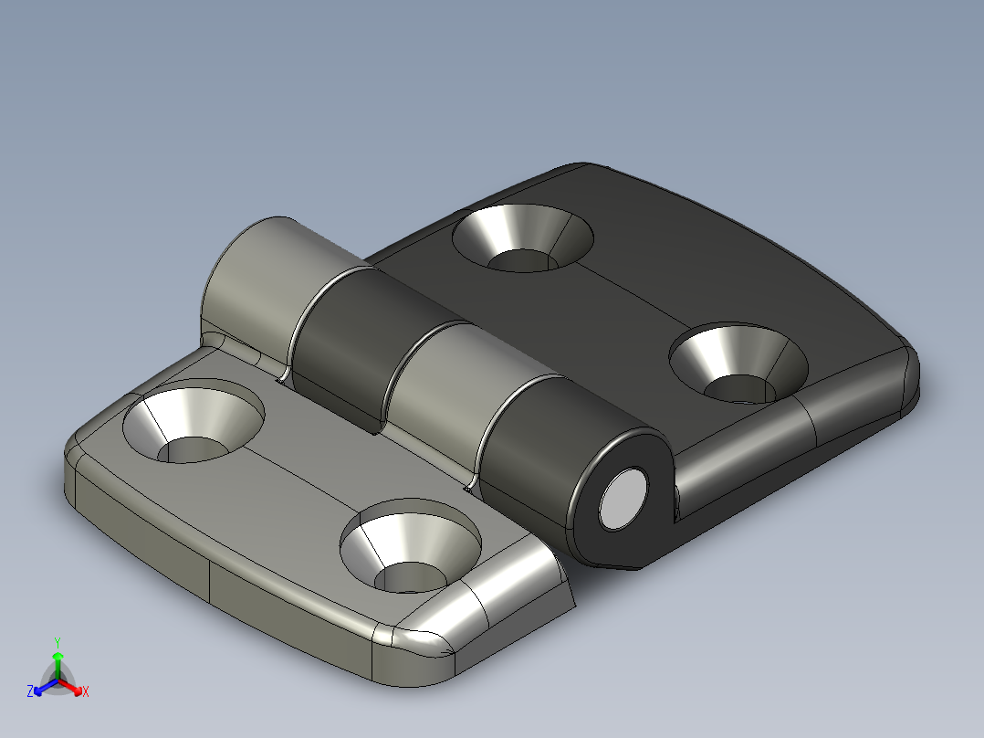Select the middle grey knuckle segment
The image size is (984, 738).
click(443, 384)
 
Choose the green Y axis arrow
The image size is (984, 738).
click(58, 659)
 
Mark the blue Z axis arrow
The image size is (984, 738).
click(39, 688)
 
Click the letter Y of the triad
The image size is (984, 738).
click(58, 642)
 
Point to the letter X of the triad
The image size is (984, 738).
click(86, 692)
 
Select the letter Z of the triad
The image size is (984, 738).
click(30, 692)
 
